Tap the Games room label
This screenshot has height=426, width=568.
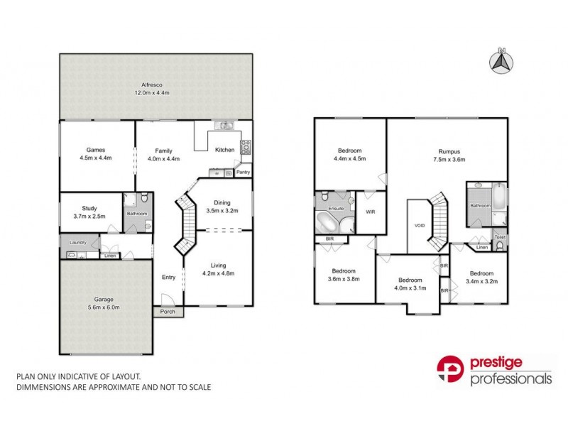coord(96,150)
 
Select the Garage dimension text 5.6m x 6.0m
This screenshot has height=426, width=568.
coord(104,308)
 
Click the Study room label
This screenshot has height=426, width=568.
coord(89,208)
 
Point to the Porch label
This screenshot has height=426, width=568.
coord(168,311)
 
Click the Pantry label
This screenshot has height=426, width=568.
coord(243,172)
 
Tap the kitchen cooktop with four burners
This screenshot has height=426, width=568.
coord(246,148)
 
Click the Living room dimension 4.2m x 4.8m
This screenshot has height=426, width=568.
coord(218,273)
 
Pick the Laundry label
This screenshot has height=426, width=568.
coord(77,242)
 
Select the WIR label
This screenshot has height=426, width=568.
coord(370,212)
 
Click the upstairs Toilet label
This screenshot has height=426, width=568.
coord(500,237)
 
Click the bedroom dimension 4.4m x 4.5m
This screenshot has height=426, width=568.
coord(350,159)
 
